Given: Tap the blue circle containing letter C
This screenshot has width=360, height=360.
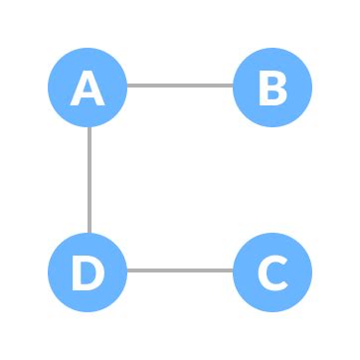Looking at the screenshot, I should click(272, 270).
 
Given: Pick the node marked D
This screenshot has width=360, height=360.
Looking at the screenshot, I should click(89, 270).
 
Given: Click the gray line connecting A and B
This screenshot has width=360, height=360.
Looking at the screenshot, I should click(180, 86).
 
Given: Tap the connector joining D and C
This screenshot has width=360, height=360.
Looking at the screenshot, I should click(180, 270).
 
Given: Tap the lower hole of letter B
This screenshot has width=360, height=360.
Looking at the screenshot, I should click(274, 95).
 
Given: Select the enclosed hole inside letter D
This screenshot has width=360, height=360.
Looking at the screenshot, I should click(90, 271).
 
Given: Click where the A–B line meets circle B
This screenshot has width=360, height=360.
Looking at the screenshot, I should click(234, 86).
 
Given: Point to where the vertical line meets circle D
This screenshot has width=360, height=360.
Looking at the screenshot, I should click(89, 232).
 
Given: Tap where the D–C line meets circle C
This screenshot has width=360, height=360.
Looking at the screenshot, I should click(234, 270).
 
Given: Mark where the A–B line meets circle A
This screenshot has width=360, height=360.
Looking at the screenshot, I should click(128, 86).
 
